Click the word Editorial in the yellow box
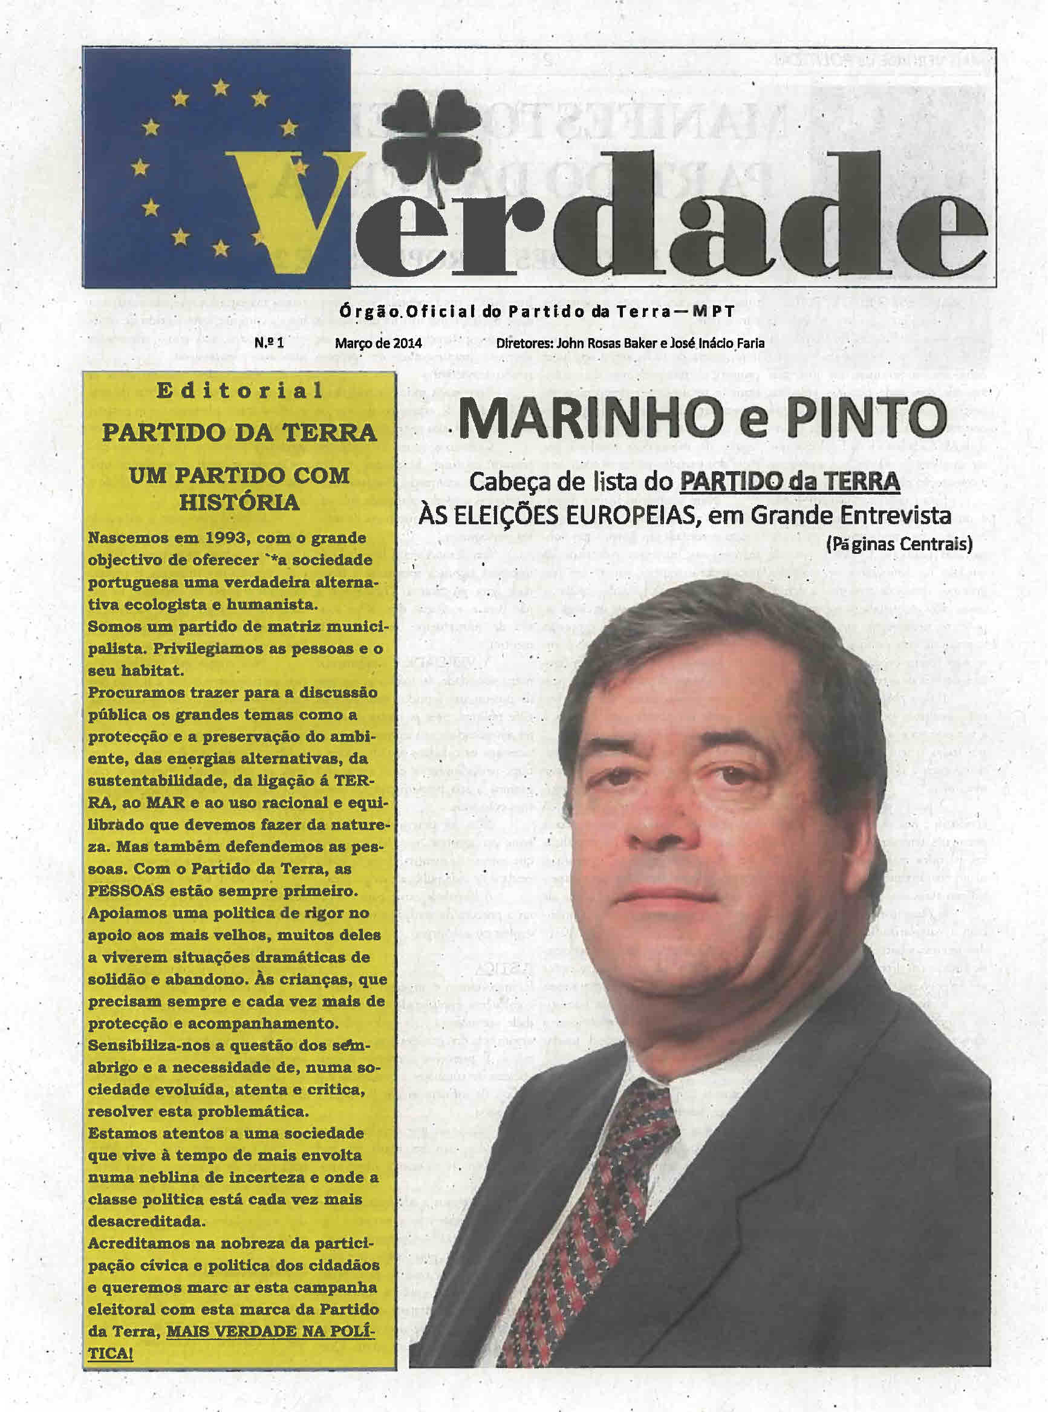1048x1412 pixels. pyautogui.click(x=240, y=391)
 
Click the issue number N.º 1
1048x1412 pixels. pyautogui.click(x=270, y=343)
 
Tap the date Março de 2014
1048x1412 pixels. pyautogui.click(x=379, y=343)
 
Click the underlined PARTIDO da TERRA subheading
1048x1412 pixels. pyautogui.click(x=789, y=482)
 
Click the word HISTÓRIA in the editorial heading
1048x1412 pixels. pyautogui.click(x=239, y=503)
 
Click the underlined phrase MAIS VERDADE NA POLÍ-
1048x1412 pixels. pyautogui.click(x=270, y=1331)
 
